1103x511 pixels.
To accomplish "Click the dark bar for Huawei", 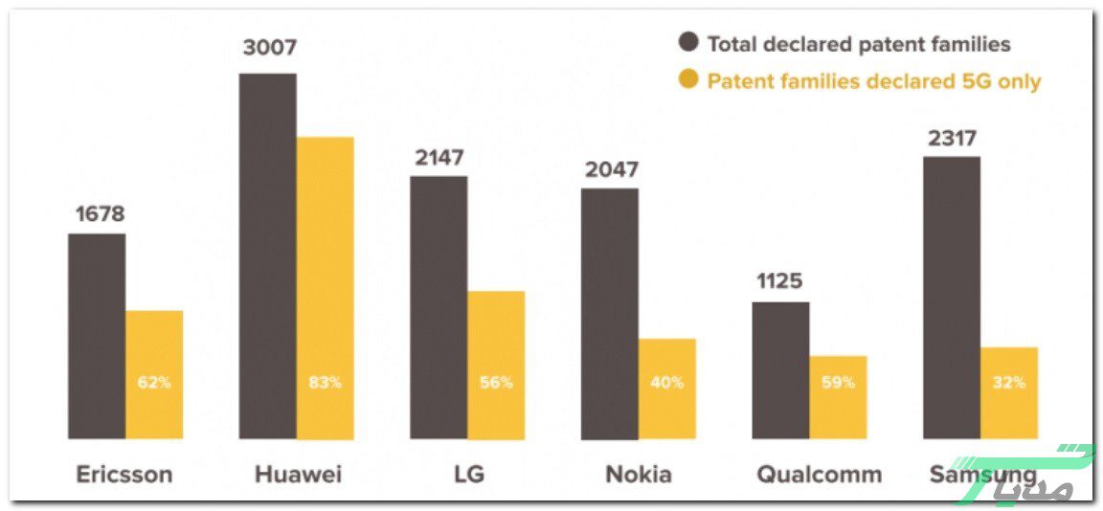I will [267, 255].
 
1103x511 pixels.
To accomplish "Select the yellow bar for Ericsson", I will [154, 374].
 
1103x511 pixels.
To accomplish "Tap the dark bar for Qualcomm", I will [780, 370].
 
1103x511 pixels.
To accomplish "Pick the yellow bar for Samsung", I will [1008, 392].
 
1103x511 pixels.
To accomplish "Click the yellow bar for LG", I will [496, 365].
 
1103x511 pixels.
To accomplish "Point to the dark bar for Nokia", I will [610, 314].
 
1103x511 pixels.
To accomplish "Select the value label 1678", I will [101, 213].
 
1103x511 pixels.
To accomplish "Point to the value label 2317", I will [952, 138].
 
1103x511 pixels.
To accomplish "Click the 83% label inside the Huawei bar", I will [325, 383].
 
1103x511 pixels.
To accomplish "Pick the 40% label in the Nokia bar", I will [667, 383].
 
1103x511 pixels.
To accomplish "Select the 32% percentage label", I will [1008, 383].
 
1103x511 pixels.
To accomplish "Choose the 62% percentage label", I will [154, 383].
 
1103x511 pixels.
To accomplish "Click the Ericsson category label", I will [124, 475].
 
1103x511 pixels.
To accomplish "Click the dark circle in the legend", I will [688, 43].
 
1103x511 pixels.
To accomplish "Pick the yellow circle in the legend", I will [688, 80].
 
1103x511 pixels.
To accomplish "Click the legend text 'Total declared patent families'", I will [859, 43].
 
